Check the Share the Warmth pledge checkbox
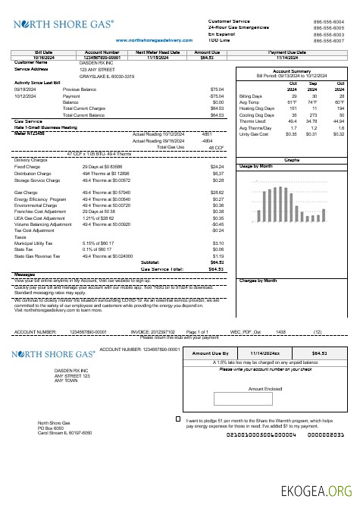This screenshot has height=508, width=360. [178, 419]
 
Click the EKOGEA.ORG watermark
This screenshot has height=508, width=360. [320, 491]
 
